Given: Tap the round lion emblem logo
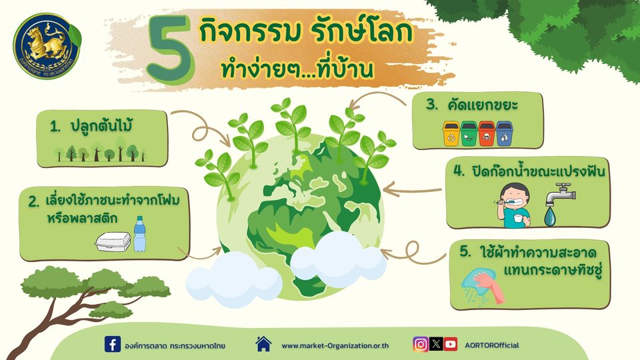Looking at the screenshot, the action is [x=47, y=46].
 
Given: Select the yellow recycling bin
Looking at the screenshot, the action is [x=451, y=133].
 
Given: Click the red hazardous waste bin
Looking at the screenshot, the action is [x=486, y=133].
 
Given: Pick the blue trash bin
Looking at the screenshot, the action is [x=504, y=133].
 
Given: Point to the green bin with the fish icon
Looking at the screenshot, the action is [x=469, y=133].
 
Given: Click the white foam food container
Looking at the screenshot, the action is [x=113, y=241].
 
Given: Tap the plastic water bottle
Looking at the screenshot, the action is [x=139, y=234].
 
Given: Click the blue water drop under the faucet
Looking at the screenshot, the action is [x=550, y=217].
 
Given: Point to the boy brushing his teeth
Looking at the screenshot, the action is [x=513, y=205].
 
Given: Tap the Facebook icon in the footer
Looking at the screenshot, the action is [x=112, y=344].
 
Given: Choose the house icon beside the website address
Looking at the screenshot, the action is [x=264, y=344].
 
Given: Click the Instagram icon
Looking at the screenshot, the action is [x=421, y=345].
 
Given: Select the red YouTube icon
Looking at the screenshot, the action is [x=451, y=345].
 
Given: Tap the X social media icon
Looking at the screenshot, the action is [x=436, y=345].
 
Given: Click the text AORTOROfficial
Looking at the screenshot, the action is [x=492, y=345].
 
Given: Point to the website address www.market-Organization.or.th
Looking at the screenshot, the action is [x=335, y=346].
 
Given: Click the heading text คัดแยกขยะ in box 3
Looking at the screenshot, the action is [x=483, y=105].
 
